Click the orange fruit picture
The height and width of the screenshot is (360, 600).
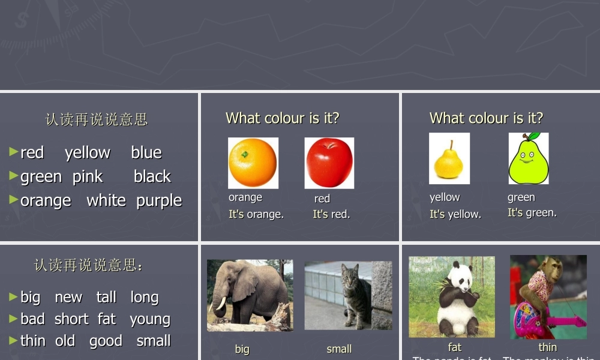tap(253, 163)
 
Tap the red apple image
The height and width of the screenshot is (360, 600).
tap(329, 163)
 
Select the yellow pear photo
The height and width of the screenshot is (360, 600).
tap(449, 159)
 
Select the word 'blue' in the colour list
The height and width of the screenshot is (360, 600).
tap(146, 153)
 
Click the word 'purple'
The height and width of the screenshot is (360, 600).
tap(159, 200)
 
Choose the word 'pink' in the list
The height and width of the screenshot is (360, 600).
tap(88, 177)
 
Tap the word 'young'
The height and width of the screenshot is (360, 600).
tap(150, 319)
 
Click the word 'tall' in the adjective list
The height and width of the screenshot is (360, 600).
tap(106, 298)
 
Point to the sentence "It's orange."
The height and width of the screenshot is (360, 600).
tap(256, 214)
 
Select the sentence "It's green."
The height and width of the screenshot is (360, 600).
tap(532, 212)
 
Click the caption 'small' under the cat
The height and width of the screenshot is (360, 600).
tap(339, 349)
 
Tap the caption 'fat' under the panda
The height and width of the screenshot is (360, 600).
tap(455, 347)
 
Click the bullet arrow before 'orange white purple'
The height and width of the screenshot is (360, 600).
tap(14, 200)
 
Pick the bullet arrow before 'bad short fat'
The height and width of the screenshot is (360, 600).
tap(14, 319)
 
